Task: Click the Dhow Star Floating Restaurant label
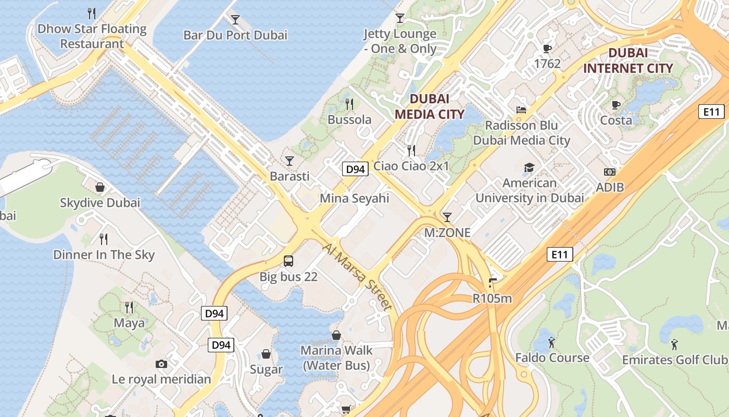tap(92, 36)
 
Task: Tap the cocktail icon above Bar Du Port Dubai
tap(235, 20)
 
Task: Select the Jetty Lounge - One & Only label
tap(400, 41)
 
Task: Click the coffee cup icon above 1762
tap(547, 48)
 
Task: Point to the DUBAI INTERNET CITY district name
tap(628, 60)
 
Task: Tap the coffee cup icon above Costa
tap(616, 105)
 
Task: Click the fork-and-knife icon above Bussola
tap(349, 104)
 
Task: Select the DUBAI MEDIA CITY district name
tap(429, 106)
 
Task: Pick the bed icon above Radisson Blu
tap(521, 109)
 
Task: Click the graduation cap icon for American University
tap(529, 167)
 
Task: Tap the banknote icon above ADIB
tap(610, 171)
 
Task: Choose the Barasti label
tap(290, 176)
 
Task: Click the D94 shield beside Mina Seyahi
tap(355, 169)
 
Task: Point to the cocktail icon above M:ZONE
tap(447, 217)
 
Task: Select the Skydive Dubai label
tap(100, 203)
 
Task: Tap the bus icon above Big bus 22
tap(288, 261)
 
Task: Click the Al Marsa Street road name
tap(357, 277)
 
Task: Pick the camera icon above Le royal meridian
tap(161, 364)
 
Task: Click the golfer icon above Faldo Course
tap(552, 342)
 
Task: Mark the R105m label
tap(492, 299)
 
